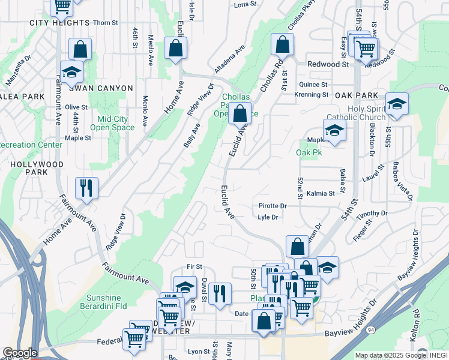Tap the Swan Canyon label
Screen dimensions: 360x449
100,88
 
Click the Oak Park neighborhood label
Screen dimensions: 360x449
357,95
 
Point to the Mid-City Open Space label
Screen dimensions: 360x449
112,123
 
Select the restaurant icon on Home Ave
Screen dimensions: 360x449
87,187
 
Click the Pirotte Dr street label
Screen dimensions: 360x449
273,206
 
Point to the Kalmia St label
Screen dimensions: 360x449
320,194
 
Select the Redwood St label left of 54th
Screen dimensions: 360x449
328,64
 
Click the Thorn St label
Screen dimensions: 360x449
106,23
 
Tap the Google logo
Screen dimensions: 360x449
19,353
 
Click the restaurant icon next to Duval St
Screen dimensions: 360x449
220,293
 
